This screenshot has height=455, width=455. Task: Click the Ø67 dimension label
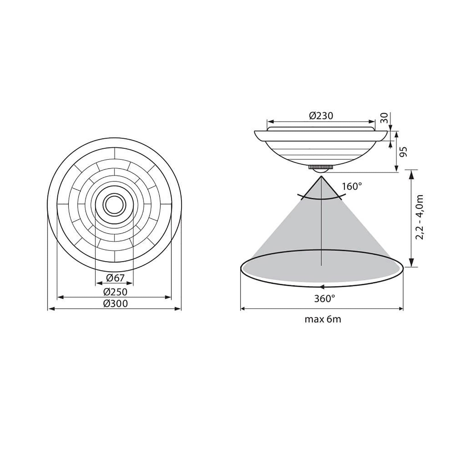115,278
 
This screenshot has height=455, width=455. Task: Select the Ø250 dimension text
115,292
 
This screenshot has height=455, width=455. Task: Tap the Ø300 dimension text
115,303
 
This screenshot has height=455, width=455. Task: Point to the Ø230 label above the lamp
321,116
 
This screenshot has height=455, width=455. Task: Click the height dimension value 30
384,117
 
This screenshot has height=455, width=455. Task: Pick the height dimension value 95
404,152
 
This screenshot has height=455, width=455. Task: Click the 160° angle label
352,187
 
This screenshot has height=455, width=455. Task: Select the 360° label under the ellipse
324,298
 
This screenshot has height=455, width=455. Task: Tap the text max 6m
323,319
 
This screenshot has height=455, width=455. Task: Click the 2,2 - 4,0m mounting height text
419,217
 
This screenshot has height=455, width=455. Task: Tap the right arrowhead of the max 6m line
401,309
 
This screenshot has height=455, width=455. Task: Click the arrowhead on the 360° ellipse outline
322,286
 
